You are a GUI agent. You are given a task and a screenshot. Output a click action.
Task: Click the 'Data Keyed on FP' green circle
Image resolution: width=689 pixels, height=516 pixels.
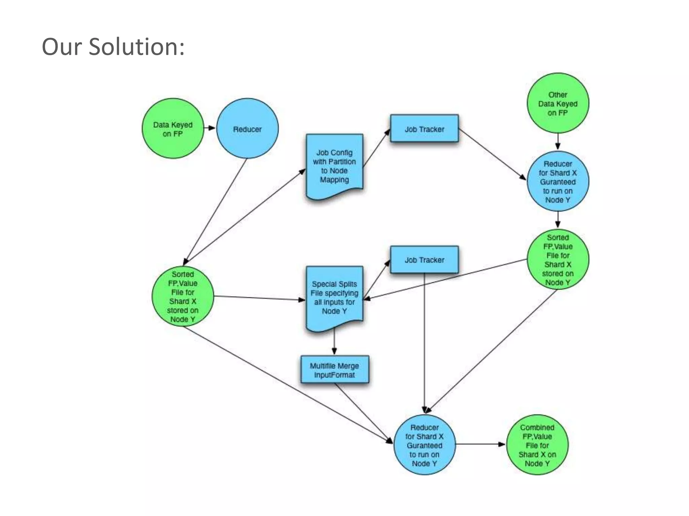pyautogui.click(x=173, y=129)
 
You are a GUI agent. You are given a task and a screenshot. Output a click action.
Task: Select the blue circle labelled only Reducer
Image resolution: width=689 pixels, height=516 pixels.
pyautogui.click(x=247, y=129)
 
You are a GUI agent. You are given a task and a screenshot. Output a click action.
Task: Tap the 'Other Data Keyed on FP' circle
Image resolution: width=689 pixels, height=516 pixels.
pyautogui.click(x=557, y=103)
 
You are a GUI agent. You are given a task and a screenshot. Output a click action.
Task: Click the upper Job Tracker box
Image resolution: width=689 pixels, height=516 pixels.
pyautogui.click(x=424, y=129)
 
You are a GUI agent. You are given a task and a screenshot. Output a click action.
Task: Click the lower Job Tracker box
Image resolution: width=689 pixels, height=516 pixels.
pyautogui.click(x=424, y=260)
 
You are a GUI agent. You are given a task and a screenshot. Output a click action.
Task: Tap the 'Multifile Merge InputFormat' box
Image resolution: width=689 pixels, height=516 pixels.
pyautogui.click(x=334, y=370)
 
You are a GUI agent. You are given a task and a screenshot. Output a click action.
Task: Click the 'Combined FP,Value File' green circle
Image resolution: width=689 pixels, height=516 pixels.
pyautogui.click(x=537, y=445)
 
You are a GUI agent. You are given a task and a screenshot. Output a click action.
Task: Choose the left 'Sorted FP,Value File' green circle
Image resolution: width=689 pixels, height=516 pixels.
pyautogui.click(x=183, y=296)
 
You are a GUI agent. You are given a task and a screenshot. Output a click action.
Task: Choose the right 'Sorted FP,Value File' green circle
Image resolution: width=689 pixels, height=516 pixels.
pyautogui.click(x=557, y=259)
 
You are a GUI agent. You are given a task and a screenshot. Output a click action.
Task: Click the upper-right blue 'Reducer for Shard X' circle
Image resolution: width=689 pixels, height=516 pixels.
pyautogui.click(x=557, y=181)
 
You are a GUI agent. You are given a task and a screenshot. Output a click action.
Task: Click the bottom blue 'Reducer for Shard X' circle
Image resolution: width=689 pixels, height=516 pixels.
pyautogui.click(x=424, y=445)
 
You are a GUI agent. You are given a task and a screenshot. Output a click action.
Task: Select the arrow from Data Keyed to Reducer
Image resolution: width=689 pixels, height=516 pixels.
pyautogui.click(x=210, y=128)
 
